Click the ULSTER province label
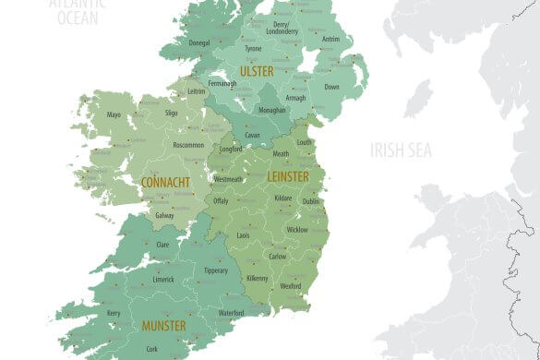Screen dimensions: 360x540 tap(257, 71)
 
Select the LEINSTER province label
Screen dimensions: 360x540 tap(288, 176)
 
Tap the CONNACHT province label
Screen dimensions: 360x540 tap(166, 183)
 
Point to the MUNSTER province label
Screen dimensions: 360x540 tap(163, 326)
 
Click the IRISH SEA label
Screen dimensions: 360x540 tap(401, 150)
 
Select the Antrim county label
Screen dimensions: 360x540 tap(330, 40)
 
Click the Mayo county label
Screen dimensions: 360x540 tap(114, 115)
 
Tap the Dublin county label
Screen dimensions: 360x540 tap(311, 201)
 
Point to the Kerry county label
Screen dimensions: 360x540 tap(114, 314)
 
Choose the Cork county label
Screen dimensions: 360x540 tap(152, 349)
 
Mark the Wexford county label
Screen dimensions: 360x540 tap(291, 286)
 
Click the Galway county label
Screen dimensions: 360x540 tap(164, 215)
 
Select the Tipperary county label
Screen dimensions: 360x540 tap(215, 270)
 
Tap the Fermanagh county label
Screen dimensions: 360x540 tap(222, 83)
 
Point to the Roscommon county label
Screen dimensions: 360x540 tap(187, 145)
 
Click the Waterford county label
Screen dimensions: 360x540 tap(231, 314)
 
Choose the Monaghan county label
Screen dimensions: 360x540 tap(270, 110)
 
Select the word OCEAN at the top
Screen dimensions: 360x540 tap(78, 16)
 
